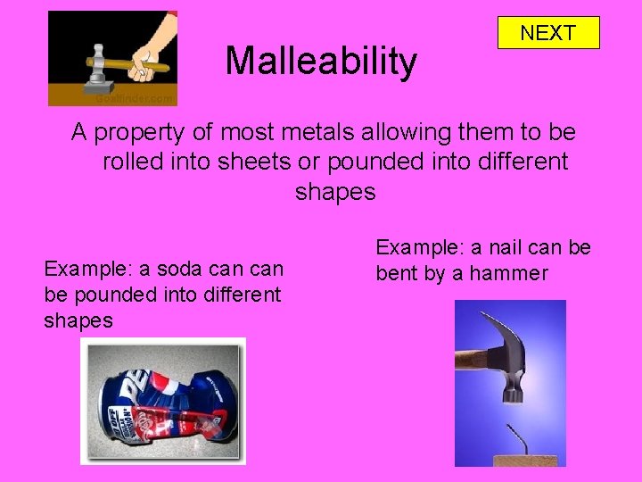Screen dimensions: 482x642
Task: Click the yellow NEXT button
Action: pyautogui.click(x=547, y=33)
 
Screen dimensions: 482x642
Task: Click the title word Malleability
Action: pyautogui.click(x=321, y=61)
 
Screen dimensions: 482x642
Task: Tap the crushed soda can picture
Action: pyautogui.click(x=162, y=402)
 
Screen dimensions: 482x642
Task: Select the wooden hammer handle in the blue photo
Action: pyautogui.click(x=471, y=359)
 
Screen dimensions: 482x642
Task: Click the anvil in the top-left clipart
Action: pyautogui.click(x=96, y=86)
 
